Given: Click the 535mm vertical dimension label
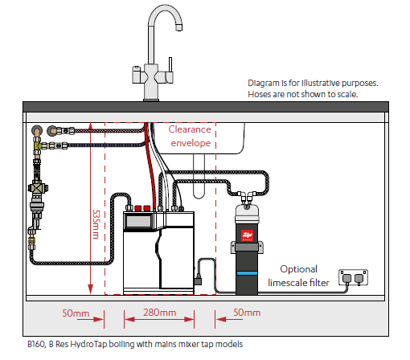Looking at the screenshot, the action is (96, 224).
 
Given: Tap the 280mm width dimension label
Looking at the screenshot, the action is (160, 313).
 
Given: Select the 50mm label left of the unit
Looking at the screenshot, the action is (76, 313).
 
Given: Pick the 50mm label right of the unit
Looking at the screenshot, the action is (247, 313).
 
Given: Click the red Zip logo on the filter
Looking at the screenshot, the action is (247, 235).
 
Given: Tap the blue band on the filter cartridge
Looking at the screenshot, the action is (247, 273).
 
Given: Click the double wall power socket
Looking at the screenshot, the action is (353, 277).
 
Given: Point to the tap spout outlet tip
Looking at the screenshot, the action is (178, 27).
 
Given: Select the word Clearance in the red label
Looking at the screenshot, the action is (190, 129).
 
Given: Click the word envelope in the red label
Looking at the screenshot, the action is (191, 143).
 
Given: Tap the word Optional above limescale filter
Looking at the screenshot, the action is (298, 269).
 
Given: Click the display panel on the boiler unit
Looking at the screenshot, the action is (138, 221).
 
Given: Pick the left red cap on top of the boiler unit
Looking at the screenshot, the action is (138, 208).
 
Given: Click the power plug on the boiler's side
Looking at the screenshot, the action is (198, 280).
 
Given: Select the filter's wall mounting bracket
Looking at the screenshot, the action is (247, 247).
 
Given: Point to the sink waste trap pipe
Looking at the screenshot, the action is (199, 176).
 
